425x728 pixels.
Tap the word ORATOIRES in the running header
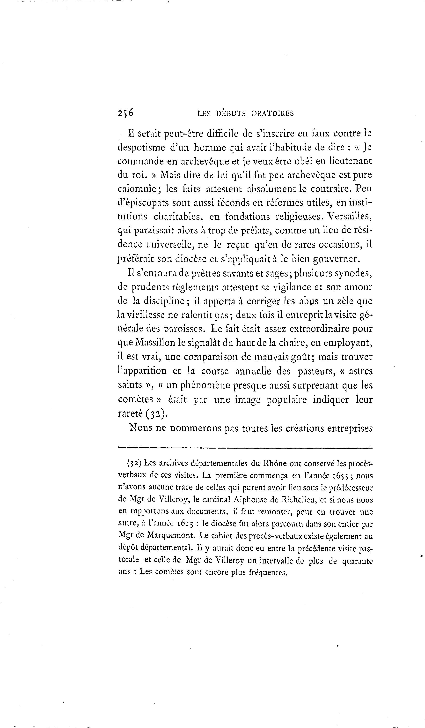point(272,113)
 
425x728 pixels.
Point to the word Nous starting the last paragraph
point(141,428)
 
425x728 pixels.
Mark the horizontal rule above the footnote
point(245,448)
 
